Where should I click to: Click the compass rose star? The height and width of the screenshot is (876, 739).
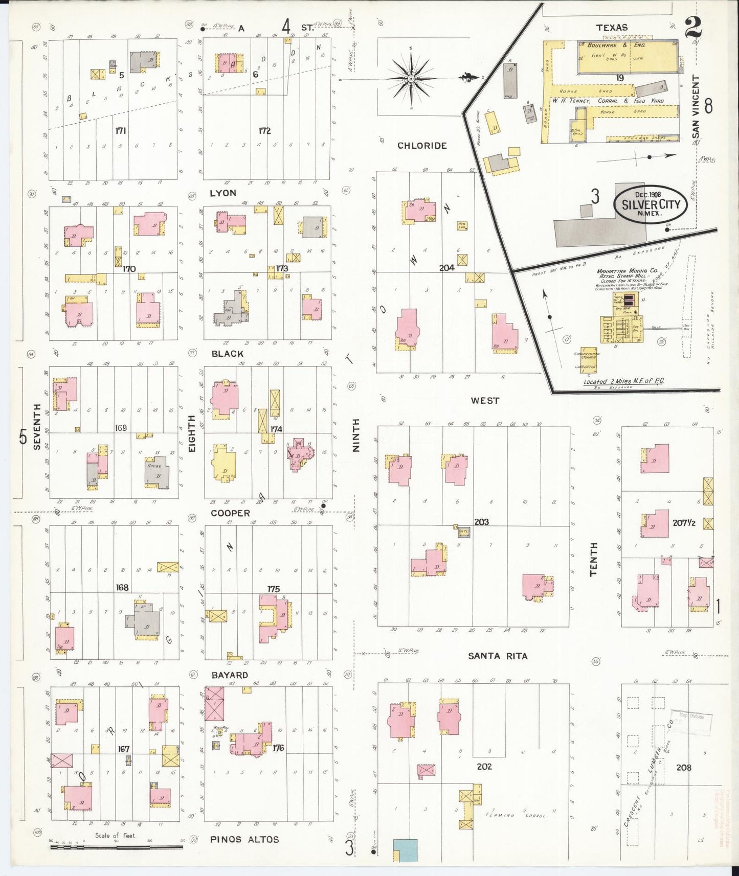tap(411, 79)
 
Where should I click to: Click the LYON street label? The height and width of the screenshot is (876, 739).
tap(223, 193)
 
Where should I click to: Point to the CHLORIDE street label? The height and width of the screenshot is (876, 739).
tap(422, 146)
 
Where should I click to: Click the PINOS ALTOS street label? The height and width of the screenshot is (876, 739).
tap(244, 839)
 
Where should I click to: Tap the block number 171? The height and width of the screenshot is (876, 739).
tap(120, 131)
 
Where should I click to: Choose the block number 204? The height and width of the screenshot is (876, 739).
tap(446, 267)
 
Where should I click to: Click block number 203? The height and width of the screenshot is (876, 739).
tap(481, 522)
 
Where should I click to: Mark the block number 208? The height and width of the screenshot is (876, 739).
tap(683, 767)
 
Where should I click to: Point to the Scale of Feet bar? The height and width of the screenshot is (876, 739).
tap(117, 847)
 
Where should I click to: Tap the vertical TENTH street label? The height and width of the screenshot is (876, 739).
tap(594, 560)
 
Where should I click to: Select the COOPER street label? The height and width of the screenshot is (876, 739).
tap(230, 513)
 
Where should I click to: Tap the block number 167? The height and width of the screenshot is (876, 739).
tap(123, 749)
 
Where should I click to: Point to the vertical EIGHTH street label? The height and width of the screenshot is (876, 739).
tap(192, 433)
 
